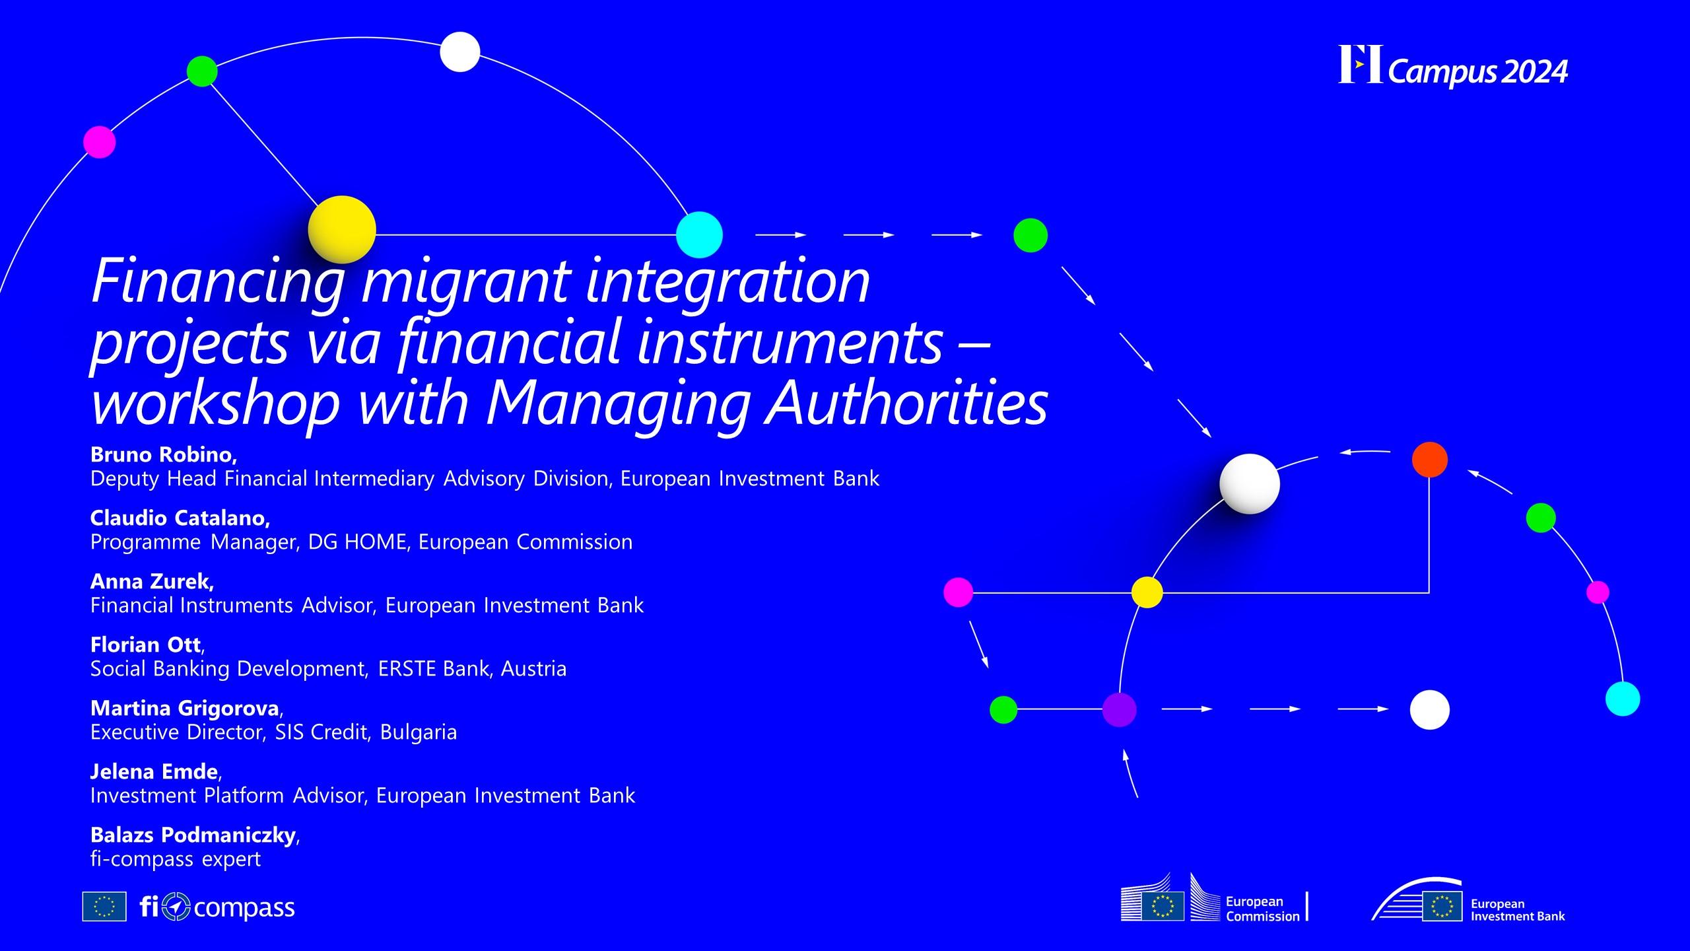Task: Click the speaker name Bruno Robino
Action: pyautogui.click(x=162, y=454)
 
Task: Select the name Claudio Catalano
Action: pyautogui.click(x=179, y=518)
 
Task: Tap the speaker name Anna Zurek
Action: pyautogui.click(x=151, y=581)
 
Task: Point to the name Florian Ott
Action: pyautogui.click(x=145, y=645)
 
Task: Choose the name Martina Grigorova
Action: pyautogui.click(x=185, y=708)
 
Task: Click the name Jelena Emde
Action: pyautogui.click(x=154, y=771)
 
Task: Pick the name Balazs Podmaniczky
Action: pyautogui.click(x=193, y=835)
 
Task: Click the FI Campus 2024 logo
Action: pyautogui.click(x=1452, y=67)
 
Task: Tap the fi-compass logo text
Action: pyautogui.click(x=217, y=907)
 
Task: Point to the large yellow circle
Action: pyautogui.click(x=342, y=230)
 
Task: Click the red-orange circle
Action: pyautogui.click(x=1430, y=460)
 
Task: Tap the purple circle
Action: pyautogui.click(x=1120, y=710)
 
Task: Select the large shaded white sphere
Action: pyautogui.click(x=1250, y=484)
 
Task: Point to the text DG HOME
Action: pyautogui.click(x=357, y=542)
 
